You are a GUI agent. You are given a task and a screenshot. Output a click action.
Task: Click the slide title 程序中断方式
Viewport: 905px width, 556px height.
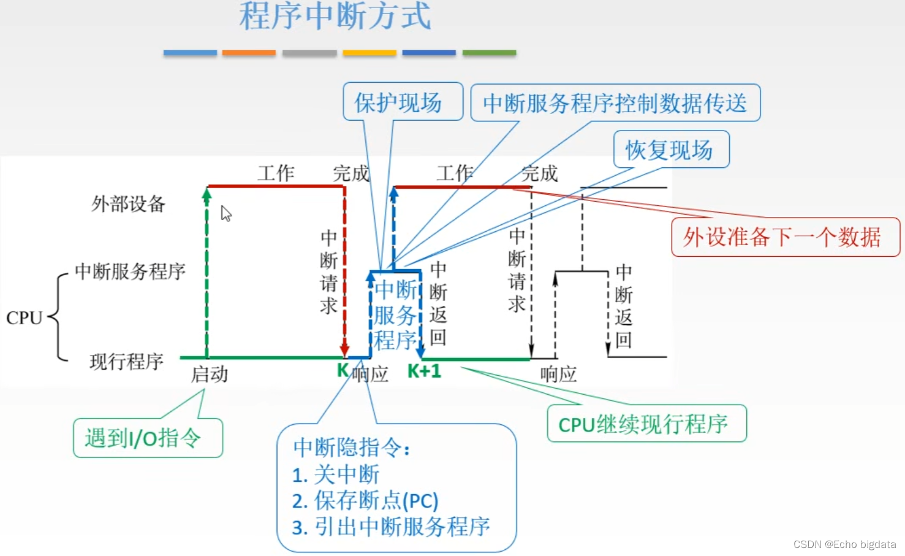tap(335, 16)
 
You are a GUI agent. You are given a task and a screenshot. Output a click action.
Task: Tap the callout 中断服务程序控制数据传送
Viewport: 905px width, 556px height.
tap(615, 103)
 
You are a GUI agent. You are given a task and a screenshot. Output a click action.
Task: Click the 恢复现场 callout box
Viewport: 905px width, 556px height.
tap(670, 150)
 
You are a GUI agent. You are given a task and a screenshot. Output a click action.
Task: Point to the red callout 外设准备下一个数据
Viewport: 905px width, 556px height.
tap(784, 237)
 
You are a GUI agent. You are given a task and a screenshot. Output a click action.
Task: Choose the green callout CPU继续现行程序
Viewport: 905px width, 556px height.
tap(646, 424)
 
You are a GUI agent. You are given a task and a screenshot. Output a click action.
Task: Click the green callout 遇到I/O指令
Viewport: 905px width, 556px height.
tap(147, 438)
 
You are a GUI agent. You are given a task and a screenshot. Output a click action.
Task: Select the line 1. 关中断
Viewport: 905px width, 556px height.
tap(336, 474)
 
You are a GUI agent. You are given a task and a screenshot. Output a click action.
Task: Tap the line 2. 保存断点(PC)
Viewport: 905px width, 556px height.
tap(365, 500)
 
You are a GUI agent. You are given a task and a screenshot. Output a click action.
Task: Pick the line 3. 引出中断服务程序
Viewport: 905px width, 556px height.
tap(391, 527)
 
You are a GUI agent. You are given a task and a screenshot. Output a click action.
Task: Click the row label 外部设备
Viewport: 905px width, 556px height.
tap(129, 204)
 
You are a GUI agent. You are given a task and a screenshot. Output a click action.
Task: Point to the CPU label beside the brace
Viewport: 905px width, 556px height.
tap(24, 318)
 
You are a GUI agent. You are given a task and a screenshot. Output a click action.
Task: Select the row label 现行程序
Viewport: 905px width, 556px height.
tap(127, 362)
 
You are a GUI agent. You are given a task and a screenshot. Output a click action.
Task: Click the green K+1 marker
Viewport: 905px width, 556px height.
tap(424, 371)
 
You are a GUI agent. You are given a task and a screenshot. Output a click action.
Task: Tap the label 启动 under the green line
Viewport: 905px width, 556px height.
tap(210, 374)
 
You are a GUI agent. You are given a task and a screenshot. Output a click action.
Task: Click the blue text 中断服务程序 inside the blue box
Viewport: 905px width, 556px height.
tap(396, 315)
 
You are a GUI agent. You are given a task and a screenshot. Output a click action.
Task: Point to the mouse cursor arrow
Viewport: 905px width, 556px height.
tap(225, 213)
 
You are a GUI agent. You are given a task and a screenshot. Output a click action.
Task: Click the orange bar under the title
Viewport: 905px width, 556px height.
tap(249, 53)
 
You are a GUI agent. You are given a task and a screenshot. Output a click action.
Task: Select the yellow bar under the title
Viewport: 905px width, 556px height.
tap(369, 53)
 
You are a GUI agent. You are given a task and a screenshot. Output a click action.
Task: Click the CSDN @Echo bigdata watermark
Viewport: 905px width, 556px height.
tap(844, 544)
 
